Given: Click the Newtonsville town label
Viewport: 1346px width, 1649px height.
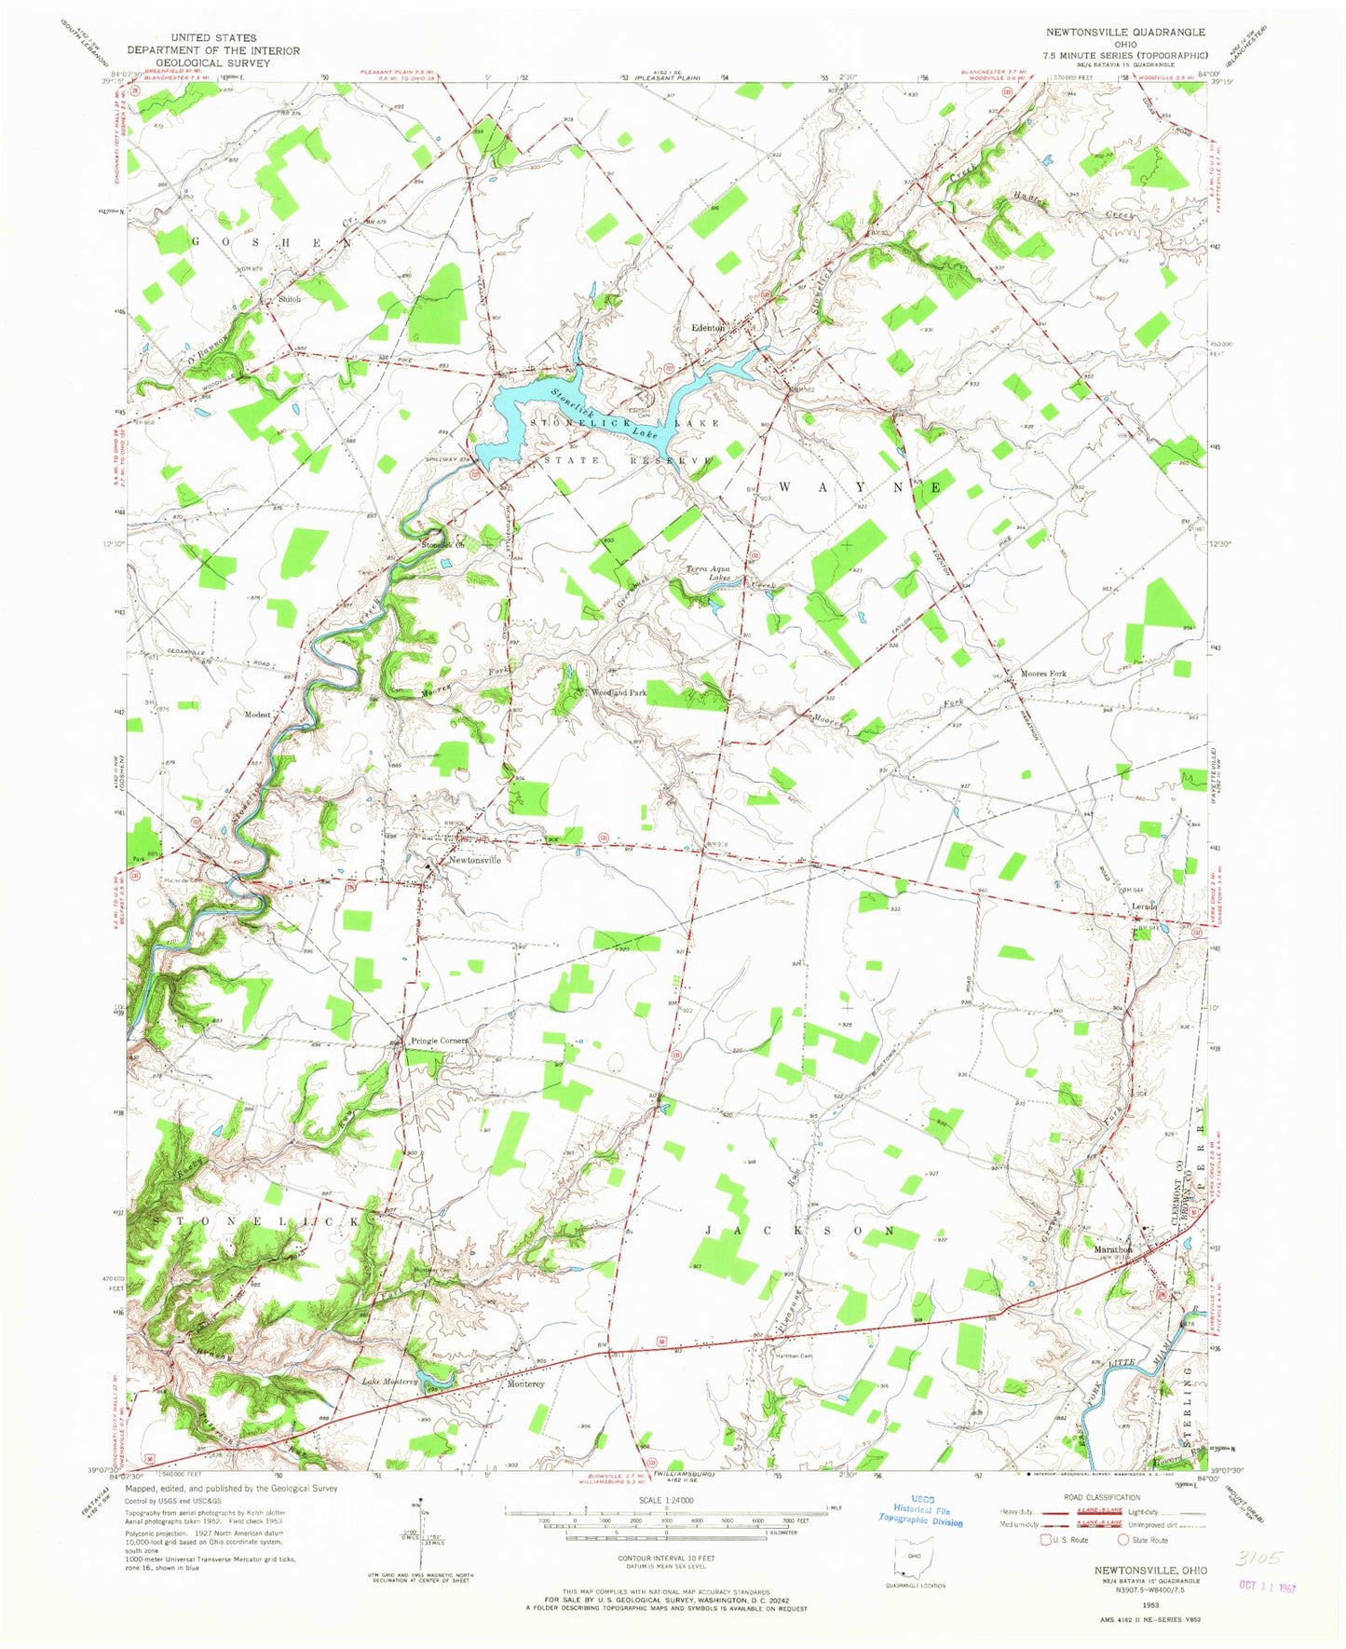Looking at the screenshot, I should tap(475, 860).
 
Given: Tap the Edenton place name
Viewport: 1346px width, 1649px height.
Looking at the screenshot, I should tap(708, 327).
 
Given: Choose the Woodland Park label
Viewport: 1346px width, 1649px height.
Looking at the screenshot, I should tap(619, 693).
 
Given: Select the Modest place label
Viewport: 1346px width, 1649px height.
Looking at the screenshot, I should tap(257, 715).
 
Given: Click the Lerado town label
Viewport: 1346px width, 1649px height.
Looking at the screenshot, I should tap(1144, 906).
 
